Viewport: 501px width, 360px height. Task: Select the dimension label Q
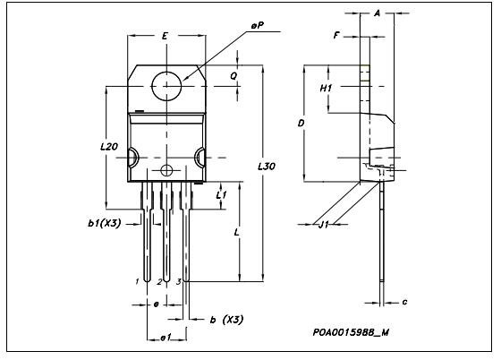[234, 76]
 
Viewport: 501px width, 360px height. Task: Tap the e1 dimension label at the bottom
[165, 337]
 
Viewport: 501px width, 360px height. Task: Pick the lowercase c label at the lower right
[404, 302]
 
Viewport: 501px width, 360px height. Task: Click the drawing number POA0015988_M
[351, 331]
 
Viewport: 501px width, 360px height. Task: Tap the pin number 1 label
[137, 282]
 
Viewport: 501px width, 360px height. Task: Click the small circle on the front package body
[165, 170]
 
